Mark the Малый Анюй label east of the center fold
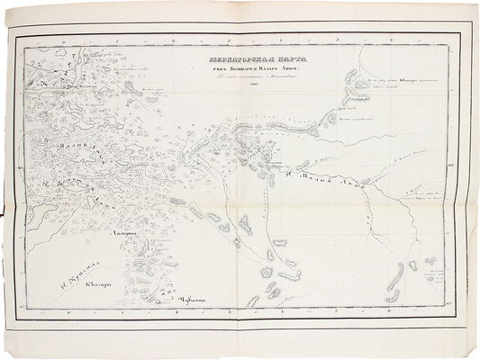point(338,185)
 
